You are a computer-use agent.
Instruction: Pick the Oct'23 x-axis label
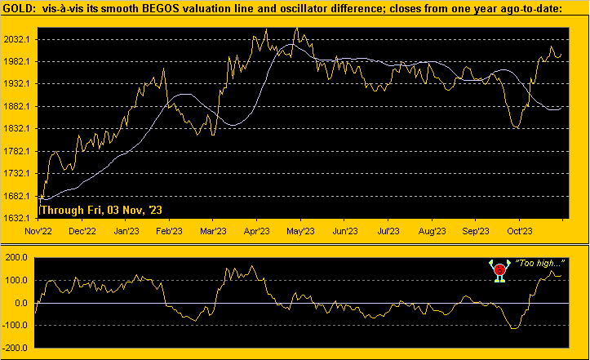(x=519, y=231)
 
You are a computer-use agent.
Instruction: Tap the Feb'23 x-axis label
(x=169, y=231)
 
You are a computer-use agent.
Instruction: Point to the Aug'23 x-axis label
(x=432, y=231)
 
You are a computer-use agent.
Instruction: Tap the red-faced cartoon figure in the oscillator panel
(x=499, y=270)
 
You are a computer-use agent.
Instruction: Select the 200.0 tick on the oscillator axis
(x=19, y=257)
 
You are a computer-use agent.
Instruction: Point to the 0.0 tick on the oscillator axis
(x=24, y=303)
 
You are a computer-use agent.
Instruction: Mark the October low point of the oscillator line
(x=514, y=328)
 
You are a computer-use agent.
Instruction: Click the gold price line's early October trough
(x=517, y=127)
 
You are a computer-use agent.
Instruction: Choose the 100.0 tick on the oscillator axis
(x=19, y=280)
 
